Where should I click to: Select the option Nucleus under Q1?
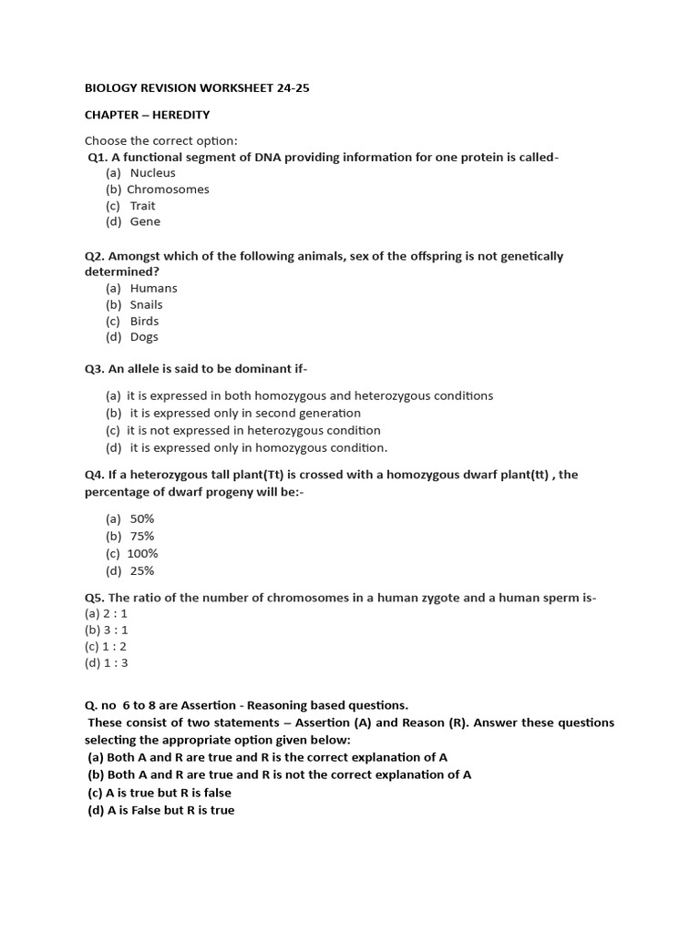[x=152, y=173]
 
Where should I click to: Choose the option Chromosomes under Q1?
[x=168, y=190]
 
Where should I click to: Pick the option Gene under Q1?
[x=145, y=221]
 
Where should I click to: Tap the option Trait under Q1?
[x=142, y=206]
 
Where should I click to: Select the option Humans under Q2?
[x=153, y=288]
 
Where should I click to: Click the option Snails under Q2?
[x=146, y=304]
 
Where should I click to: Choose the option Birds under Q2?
[x=144, y=321]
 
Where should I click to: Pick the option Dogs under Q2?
[x=144, y=337]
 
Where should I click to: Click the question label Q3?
[x=94, y=369]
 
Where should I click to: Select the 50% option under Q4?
[x=142, y=518]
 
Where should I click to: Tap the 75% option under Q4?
[x=142, y=536]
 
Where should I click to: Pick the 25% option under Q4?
[x=142, y=571]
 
